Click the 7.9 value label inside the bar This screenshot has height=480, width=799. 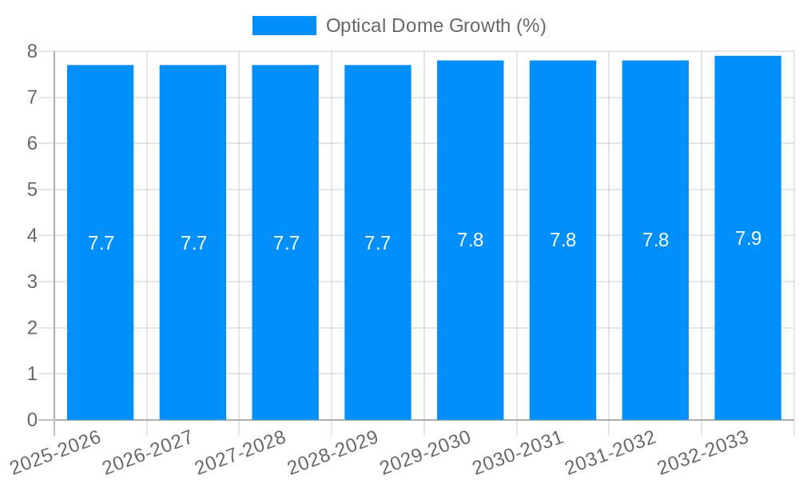tap(748, 238)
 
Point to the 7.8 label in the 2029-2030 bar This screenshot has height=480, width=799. tap(470, 240)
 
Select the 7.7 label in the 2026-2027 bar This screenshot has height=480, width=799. tap(193, 243)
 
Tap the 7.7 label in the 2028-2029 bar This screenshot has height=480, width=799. tap(377, 243)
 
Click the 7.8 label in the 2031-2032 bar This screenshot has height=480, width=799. tap(655, 240)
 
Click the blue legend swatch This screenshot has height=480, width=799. tap(284, 26)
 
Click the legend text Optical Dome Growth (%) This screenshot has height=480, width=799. tap(435, 26)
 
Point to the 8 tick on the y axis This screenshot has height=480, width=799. tap(32, 51)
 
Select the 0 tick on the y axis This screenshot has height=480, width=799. tap(32, 420)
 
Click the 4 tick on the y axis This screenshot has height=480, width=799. tap(32, 235)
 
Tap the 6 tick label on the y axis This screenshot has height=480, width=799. tap(32, 143)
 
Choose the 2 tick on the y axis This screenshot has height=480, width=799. tap(32, 328)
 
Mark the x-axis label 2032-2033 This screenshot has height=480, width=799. tap(703, 452)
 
